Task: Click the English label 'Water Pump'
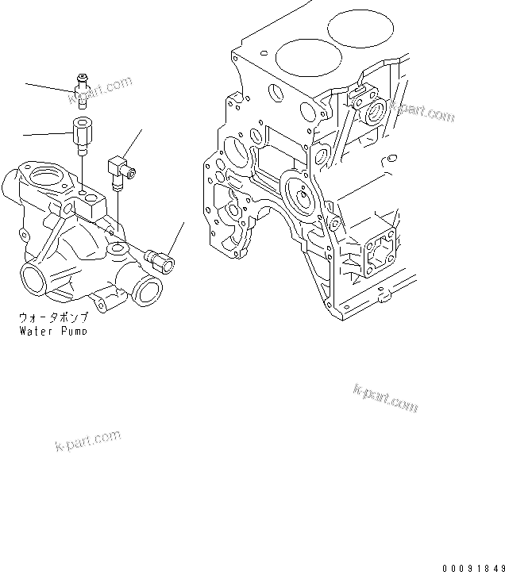(53, 329)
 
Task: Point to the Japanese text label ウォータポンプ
(53, 317)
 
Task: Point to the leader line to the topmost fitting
(48, 87)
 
